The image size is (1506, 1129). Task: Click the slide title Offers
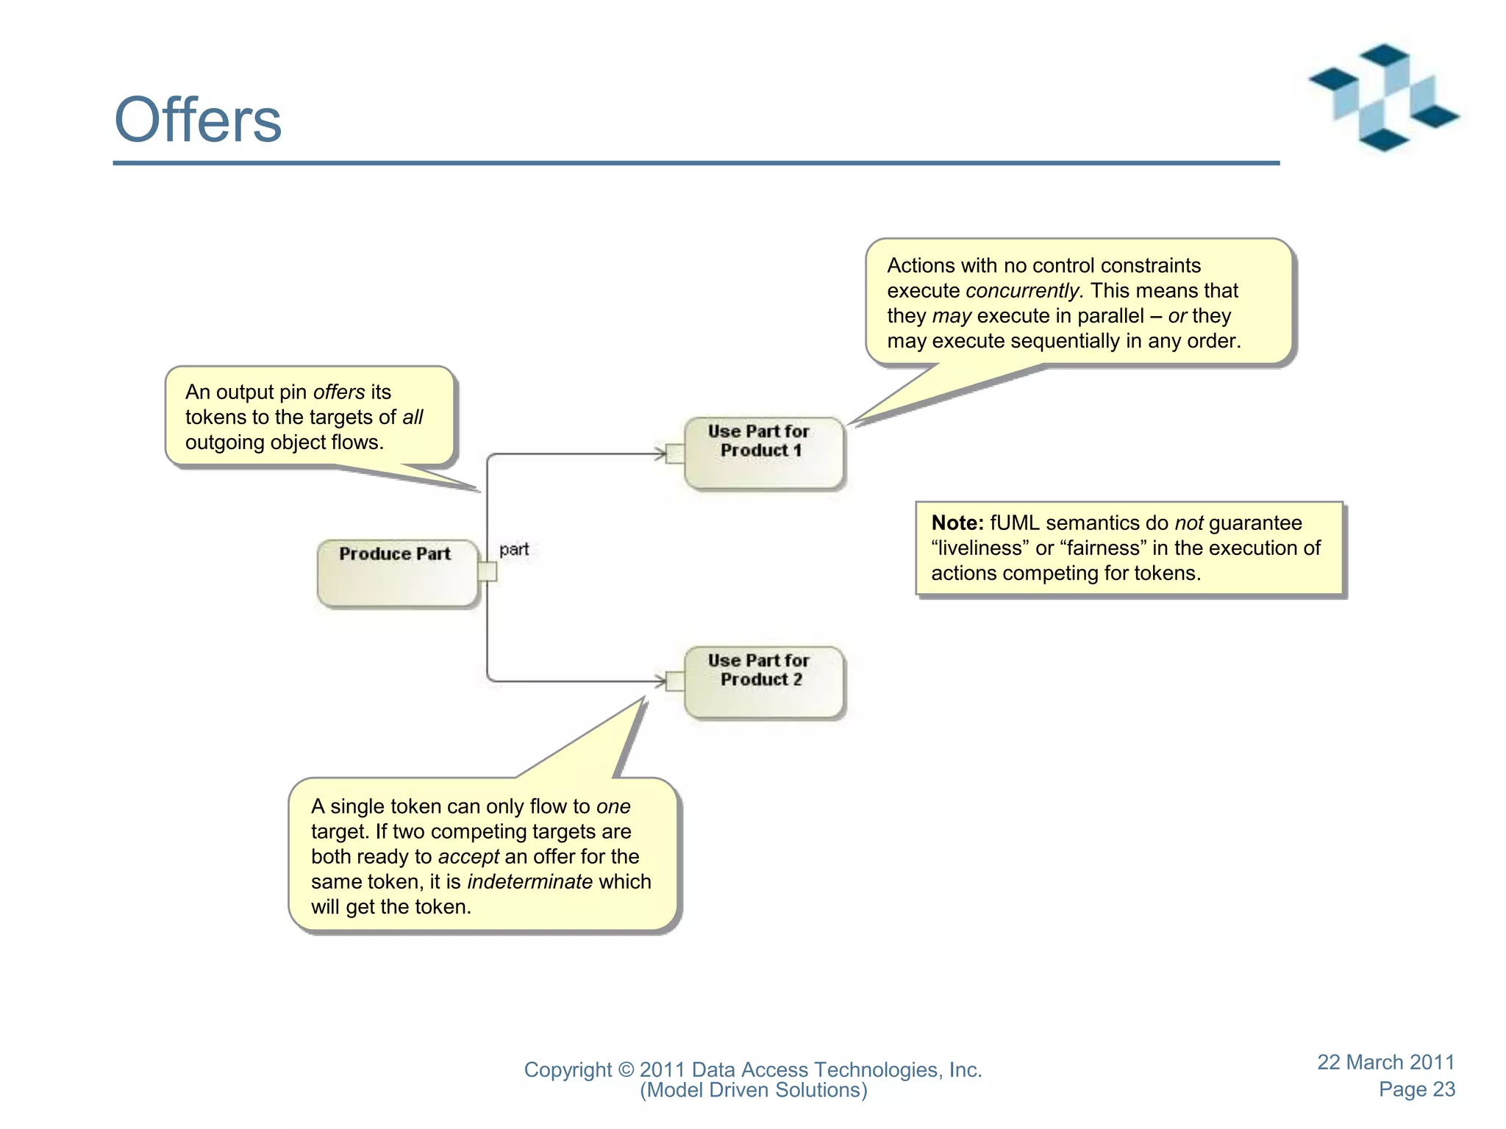(198, 120)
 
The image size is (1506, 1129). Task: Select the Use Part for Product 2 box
(763, 682)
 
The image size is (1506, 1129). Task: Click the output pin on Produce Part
(488, 571)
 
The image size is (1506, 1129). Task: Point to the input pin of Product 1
(675, 454)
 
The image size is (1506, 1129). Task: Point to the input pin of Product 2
(675, 681)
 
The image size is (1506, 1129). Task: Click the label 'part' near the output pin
(514, 549)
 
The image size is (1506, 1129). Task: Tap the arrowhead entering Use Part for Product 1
(660, 454)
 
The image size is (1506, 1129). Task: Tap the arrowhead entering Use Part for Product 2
(660, 681)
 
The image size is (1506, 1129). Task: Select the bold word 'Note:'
(957, 523)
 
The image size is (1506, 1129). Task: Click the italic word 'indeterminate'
(529, 881)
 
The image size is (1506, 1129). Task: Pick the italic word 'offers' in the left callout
(339, 392)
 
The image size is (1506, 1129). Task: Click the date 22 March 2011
(1385, 1062)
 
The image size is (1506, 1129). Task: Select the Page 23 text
(1416, 1089)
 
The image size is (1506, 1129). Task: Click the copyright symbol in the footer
(626, 1070)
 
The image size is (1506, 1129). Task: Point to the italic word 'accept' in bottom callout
(468, 856)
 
